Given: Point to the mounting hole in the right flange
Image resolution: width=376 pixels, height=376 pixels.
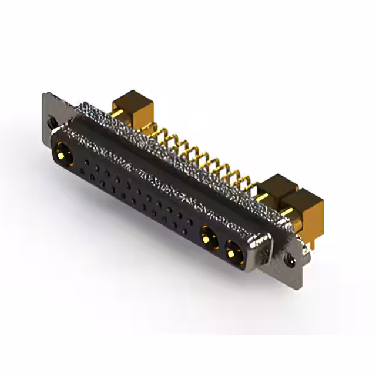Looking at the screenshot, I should coord(288,256).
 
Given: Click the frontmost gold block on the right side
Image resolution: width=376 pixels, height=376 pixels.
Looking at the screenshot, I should coord(302,210).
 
